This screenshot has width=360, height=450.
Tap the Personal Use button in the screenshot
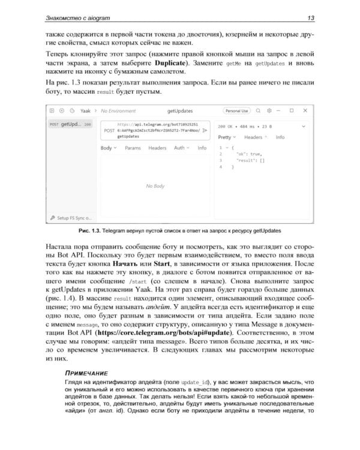(x=236, y=111)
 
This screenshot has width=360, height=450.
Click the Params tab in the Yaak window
(x=133, y=148)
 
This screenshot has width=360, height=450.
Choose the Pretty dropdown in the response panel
(x=226, y=137)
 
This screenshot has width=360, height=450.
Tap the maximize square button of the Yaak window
(x=292, y=111)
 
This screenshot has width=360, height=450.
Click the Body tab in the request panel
(x=107, y=148)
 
